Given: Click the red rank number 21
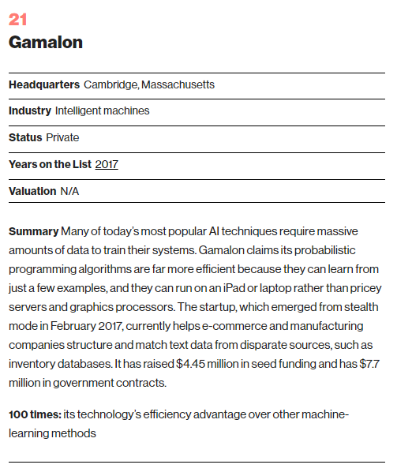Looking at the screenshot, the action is [17, 20].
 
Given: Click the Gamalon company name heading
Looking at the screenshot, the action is [46, 42].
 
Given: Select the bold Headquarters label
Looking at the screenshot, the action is [44, 84].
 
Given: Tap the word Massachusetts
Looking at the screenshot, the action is [178, 84].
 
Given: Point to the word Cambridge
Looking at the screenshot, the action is [111, 85].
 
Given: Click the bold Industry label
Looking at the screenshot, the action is [30, 111].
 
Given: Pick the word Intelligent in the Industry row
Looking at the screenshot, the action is [78, 111].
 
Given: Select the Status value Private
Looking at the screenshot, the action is [62, 137].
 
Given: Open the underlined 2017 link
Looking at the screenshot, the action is [107, 164].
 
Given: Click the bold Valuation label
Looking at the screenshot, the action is [32, 191].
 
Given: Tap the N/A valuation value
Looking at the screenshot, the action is [69, 191].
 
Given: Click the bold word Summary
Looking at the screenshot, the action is [33, 231].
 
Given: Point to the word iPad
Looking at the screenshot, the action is [234, 288].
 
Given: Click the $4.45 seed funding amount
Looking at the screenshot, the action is [190, 364].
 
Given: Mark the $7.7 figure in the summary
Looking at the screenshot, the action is [369, 364].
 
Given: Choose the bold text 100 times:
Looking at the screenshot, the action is [35, 414].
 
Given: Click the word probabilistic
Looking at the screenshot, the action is [324, 250].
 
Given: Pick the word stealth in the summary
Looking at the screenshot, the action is [361, 307].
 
